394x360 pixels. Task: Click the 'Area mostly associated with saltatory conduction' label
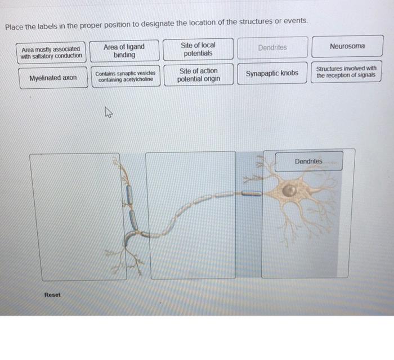click(51, 52)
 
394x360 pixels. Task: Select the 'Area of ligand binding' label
click(124, 51)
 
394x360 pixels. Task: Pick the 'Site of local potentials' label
click(198, 49)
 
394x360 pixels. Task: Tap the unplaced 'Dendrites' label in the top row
click(272, 48)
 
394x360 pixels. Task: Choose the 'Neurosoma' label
click(347, 46)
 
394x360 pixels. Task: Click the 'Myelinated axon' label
click(53, 78)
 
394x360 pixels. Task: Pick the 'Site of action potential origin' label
click(198, 75)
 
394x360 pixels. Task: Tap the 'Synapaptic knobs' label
click(272, 73)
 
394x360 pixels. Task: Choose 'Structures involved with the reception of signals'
click(346, 72)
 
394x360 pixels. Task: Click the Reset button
click(52, 295)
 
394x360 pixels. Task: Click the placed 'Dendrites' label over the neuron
click(308, 161)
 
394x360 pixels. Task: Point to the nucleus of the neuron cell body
click(289, 191)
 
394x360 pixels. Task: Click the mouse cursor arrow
click(108, 115)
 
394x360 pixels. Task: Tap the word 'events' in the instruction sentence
click(295, 21)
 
